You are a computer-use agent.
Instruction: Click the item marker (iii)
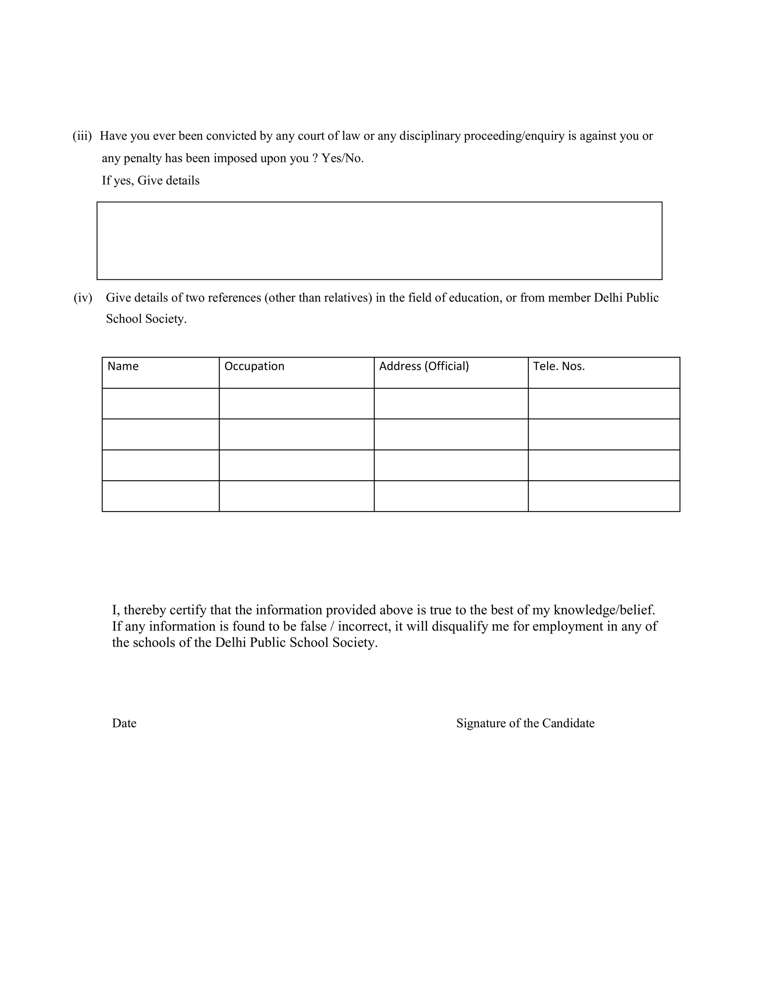(82, 136)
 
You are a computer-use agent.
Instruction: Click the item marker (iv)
(83, 298)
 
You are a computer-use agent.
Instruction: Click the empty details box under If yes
(380, 241)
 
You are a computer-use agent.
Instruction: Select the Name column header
(123, 366)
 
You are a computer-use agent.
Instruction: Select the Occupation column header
(254, 366)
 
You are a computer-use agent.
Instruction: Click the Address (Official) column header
(424, 366)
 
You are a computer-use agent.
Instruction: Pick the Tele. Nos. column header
(559, 366)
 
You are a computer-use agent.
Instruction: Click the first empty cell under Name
(160, 403)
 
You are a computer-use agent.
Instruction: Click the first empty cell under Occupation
(296, 403)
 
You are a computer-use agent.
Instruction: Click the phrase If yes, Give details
(151, 180)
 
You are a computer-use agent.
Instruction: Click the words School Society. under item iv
(146, 319)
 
